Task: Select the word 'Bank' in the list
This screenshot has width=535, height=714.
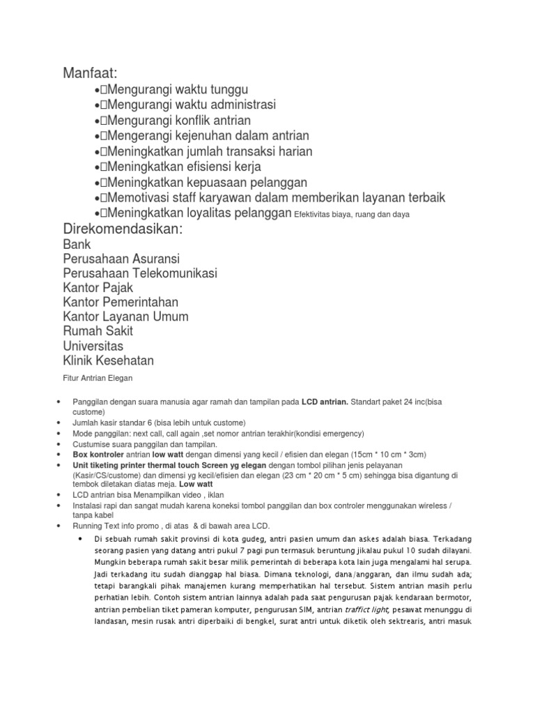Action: pyautogui.click(x=77, y=245)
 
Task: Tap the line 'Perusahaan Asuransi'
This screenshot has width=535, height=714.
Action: pyautogui.click(x=121, y=259)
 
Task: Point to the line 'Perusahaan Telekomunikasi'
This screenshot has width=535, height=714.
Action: pyautogui.click(x=140, y=273)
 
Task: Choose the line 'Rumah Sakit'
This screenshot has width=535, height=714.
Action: pyautogui.click(x=98, y=331)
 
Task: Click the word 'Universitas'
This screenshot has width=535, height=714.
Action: pyautogui.click(x=93, y=346)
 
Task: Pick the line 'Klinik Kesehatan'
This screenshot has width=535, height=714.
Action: pyautogui.click(x=108, y=360)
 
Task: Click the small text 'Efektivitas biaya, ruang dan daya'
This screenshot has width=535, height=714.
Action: pyautogui.click(x=352, y=215)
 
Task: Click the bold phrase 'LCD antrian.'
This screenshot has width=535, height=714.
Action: pyautogui.click(x=325, y=402)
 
